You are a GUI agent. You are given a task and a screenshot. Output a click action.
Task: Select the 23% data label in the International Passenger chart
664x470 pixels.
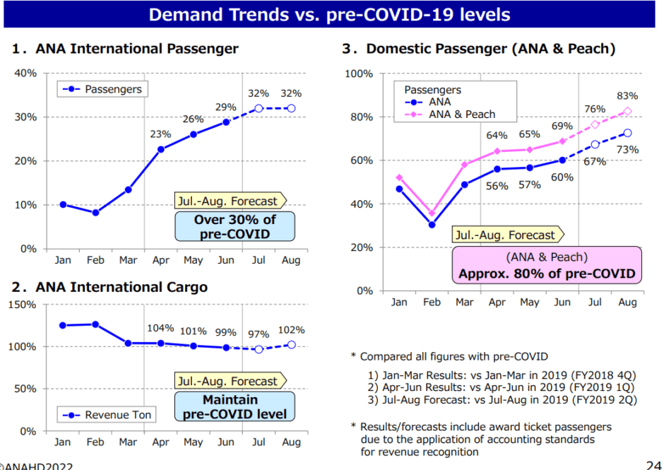pyautogui.click(x=160, y=134)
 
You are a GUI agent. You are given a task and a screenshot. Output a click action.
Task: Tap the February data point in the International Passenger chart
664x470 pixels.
pyautogui.click(x=95, y=213)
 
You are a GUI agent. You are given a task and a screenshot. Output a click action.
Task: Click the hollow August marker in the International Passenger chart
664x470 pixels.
pyautogui.click(x=291, y=108)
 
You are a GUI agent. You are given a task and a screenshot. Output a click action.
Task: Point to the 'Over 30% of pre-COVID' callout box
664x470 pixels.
pyautogui.click(x=235, y=226)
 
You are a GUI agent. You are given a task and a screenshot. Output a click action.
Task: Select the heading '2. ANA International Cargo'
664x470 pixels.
pyautogui.click(x=109, y=287)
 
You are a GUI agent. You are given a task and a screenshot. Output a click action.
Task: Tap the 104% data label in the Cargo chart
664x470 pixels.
pyautogui.click(x=160, y=328)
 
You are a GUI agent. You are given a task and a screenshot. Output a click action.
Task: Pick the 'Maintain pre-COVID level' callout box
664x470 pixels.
pyautogui.click(x=235, y=406)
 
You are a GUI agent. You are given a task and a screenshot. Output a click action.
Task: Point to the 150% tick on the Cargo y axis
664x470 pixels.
pyautogui.click(x=23, y=305)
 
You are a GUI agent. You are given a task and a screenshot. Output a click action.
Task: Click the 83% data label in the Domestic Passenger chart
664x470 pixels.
pyautogui.click(x=627, y=95)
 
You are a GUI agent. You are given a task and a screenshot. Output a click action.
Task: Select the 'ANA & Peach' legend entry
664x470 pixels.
pyautogui.click(x=462, y=114)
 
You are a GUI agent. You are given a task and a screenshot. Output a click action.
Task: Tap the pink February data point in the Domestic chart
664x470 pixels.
pyautogui.click(x=432, y=213)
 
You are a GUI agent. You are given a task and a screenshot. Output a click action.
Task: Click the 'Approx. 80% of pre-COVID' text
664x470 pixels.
pyautogui.click(x=546, y=274)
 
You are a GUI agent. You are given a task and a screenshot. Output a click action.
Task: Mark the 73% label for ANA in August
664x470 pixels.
pyautogui.click(x=627, y=149)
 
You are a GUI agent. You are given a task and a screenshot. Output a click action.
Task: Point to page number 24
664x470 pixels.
pyautogui.click(x=653, y=464)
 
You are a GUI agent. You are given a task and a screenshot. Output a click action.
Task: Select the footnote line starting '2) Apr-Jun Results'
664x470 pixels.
pyautogui.click(x=501, y=387)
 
